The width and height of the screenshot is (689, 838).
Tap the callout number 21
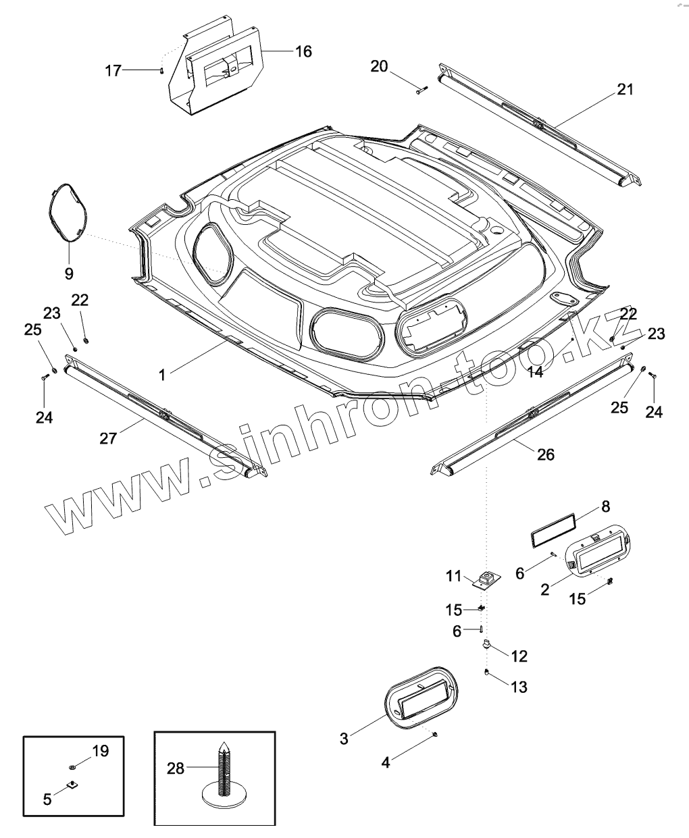coord(626,89)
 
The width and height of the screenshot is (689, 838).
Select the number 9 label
coord(69,273)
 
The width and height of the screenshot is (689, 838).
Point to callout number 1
coord(162,375)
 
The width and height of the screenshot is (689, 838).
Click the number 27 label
coord(108,438)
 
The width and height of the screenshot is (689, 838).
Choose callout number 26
coord(545,454)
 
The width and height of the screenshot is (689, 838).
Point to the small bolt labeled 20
coord(422,90)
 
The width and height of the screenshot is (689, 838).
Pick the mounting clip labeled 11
coord(485,579)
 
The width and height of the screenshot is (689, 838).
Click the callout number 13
coord(519,687)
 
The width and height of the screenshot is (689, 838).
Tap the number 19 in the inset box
coord(100,750)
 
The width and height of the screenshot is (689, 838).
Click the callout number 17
coord(113,70)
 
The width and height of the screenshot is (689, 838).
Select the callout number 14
coord(535,372)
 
